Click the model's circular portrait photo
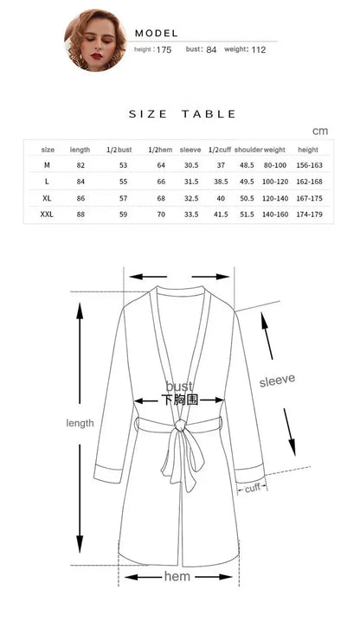[94, 40]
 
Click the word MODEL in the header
[157, 32]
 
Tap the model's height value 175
[164, 50]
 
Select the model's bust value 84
[210, 50]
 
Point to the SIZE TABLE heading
[182, 114]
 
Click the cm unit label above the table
[320, 131]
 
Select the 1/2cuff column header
[221, 150]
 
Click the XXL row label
[47, 214]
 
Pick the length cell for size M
[80, 165]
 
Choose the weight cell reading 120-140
[274, 198]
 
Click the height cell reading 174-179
[309, 214]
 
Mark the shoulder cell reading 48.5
[247, 165]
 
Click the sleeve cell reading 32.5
[191, 198]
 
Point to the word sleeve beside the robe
[278, 379]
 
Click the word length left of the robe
[80, 423]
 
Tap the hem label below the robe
[177, 576]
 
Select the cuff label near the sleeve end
[252, 489]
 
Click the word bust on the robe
[179, 386]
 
